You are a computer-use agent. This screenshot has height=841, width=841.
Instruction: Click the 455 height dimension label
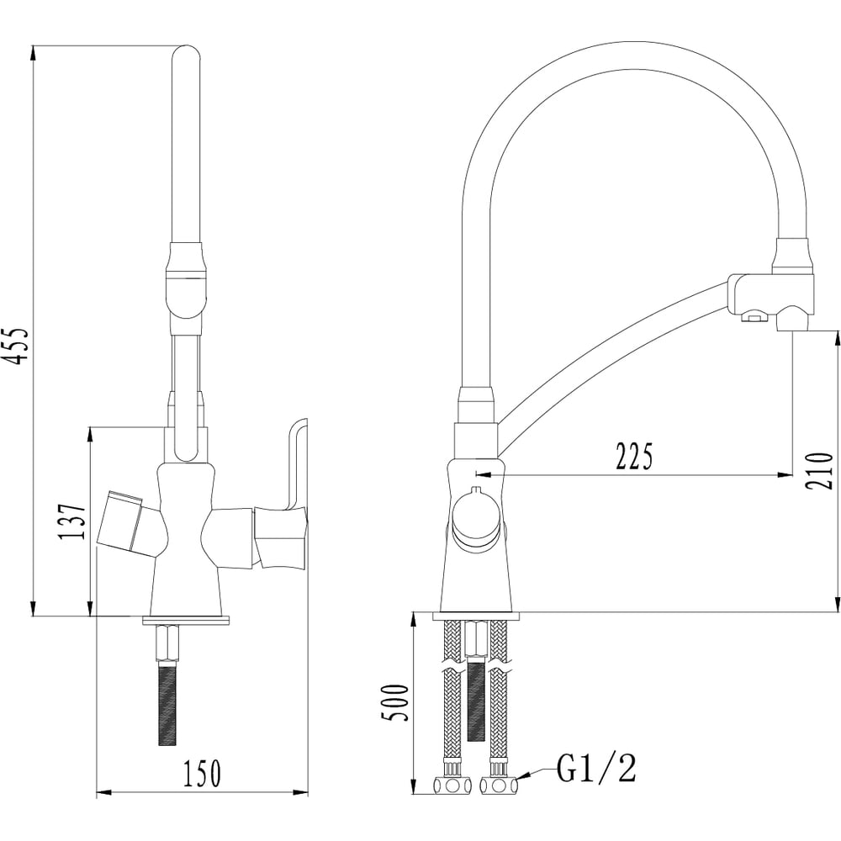tap(18, 346)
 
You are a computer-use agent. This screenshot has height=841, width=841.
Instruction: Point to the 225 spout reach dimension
tap(634, 457)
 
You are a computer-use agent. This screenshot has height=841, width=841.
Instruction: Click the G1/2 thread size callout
tap(596, 768)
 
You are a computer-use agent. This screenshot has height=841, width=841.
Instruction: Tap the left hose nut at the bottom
tap(452, 786)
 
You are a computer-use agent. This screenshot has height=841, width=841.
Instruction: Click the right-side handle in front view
tap(279, 534)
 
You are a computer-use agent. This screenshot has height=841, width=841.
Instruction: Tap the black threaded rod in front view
tap(167, 702)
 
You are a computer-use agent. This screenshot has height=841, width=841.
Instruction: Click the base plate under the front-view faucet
tap(186, 620)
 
